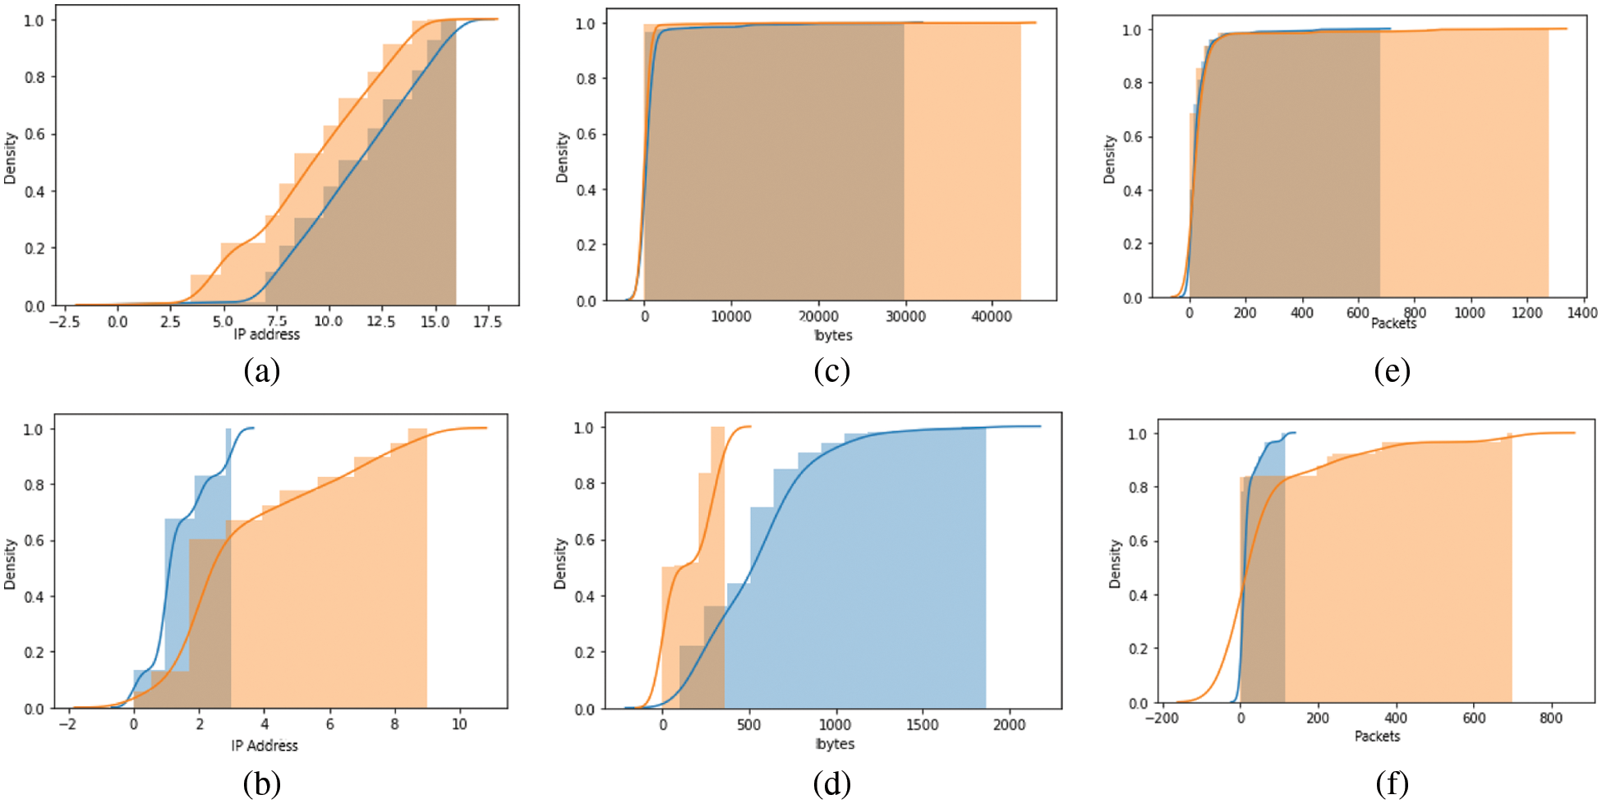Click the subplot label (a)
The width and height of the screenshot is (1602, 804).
(262, 372)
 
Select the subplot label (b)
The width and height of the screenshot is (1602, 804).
(262, 784)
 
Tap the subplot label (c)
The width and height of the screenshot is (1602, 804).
(831, 371)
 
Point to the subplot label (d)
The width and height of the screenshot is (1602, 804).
(831, 784)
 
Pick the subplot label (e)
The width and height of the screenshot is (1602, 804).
(1392, 371)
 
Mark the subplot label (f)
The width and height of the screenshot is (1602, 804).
(1392, 784)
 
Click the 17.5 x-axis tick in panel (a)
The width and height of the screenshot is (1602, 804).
(486, 322)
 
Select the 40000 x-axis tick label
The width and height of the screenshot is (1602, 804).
(992, 317)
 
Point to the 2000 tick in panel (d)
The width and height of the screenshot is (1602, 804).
(1009, 724)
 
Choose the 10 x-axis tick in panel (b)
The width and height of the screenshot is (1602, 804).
(459, 724)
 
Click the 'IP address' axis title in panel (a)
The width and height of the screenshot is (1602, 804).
(267, 334)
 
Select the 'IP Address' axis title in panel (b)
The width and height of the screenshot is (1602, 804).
(265, 746)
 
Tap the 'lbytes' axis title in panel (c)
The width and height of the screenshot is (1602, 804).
(833, 335)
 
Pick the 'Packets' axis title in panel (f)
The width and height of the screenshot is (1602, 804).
(1377, 736)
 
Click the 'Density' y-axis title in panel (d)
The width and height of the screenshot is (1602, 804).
(561, 563)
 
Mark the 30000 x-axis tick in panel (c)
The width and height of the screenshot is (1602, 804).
(905, 317)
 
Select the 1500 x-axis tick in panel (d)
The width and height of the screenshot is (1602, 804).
(922, 724)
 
